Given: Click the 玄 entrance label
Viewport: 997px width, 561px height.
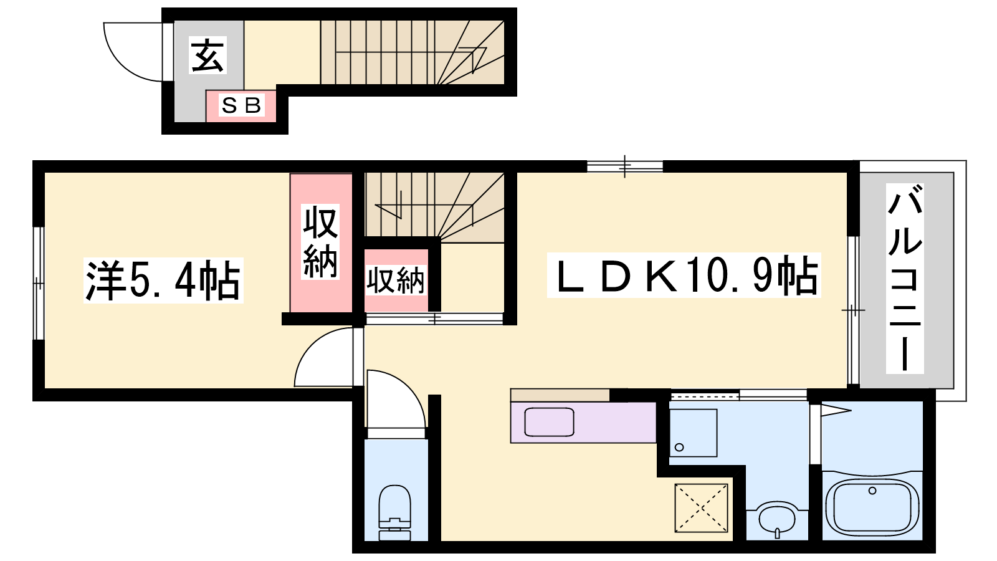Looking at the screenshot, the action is tap(208, 55).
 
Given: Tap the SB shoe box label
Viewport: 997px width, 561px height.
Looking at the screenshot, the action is tap(241, 105).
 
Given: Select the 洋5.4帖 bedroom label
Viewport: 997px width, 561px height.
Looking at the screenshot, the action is tap(163, 281).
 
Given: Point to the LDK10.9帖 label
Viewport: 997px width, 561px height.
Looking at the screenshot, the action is tap(684, 276).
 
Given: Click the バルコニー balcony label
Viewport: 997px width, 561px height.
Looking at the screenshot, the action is tap(904, 278).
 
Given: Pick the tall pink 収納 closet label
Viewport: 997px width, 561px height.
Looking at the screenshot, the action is tap(320, 242).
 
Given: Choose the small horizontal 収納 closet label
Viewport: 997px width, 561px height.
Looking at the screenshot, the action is tap(395, 280).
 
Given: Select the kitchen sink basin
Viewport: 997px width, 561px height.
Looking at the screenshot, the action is tap(549, 421).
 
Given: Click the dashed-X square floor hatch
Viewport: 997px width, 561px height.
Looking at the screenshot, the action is tap(702, 507).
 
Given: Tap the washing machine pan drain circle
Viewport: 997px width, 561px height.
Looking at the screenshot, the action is tap(679, 447).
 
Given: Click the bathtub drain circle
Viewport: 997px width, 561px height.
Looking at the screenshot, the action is tap(872, 491).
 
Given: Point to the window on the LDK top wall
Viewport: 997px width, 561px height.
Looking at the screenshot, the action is tap(624, 166).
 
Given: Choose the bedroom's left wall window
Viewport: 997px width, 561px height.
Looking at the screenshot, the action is tap(39, 283).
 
